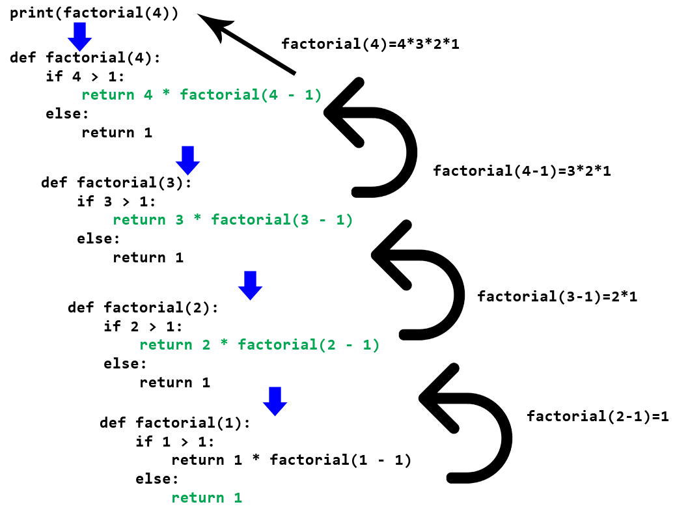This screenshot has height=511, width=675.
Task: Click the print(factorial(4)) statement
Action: (x=94, y=13)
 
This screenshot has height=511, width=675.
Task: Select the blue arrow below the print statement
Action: (x=79, y=37)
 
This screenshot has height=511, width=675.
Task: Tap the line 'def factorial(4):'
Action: (x=85, y=58)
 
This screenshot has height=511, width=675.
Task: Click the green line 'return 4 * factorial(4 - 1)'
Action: (x=202, y=94)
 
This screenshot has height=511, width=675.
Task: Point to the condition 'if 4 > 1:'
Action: (x=85, y=77)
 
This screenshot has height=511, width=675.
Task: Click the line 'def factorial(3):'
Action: (x=117, y=182)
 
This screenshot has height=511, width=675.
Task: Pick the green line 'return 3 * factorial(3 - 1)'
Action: (x=233, y=220)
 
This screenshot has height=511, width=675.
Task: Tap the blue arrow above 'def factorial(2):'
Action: (x=250, y=285)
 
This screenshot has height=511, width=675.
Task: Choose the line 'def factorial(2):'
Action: (x=143, y=307)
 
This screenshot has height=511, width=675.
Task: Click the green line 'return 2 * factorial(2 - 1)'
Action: (x=260, y=345)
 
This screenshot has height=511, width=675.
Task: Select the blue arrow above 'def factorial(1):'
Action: (x=275, y=401)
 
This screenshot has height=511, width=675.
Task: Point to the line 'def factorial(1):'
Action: (x=175, y=422)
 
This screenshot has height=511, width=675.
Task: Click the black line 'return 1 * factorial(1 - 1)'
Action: (x=292, y=460)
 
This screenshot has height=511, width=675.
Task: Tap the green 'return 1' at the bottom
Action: (x=206, y=497)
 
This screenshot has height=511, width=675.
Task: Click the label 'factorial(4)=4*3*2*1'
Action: (x=370, y=44)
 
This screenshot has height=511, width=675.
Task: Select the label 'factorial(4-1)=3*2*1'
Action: (x=522, y=171)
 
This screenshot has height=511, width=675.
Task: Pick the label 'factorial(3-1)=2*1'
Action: (x=557, y=296)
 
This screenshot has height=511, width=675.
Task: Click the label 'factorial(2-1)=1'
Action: (x=598, y=417)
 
